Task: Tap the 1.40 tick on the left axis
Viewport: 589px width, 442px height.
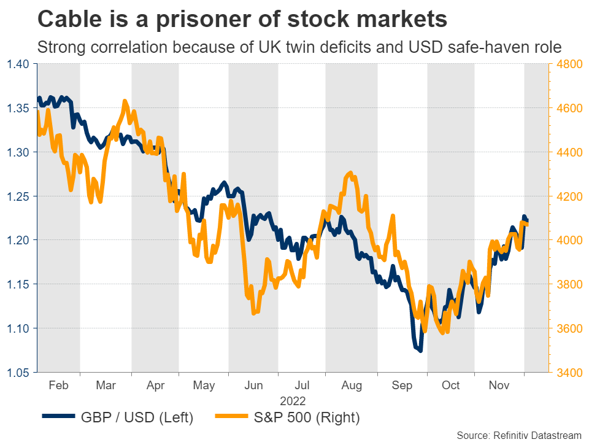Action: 19,64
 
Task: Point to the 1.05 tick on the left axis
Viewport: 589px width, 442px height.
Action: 19,372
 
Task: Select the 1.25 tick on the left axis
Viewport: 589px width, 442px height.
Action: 19,196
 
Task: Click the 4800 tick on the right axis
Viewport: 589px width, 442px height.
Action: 568,64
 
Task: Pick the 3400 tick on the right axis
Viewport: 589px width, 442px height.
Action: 568,372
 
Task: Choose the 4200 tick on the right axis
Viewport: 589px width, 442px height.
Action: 568,196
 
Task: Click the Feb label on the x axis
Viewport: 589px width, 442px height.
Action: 58,386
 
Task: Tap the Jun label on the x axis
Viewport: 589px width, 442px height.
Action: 253,386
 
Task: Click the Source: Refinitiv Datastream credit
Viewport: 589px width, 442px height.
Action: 518,435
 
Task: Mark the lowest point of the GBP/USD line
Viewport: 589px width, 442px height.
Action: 420,351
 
